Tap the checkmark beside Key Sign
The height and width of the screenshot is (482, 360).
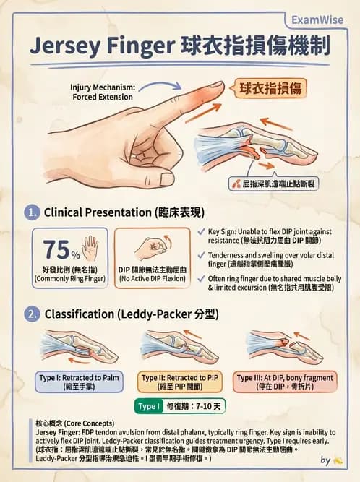pyautogui.click(x=200, y=232)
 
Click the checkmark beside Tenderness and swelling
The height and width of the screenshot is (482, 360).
pyautogui.click(x=200, y=255)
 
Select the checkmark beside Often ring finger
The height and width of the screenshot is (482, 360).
pyautogui.click(x=200, y=278)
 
